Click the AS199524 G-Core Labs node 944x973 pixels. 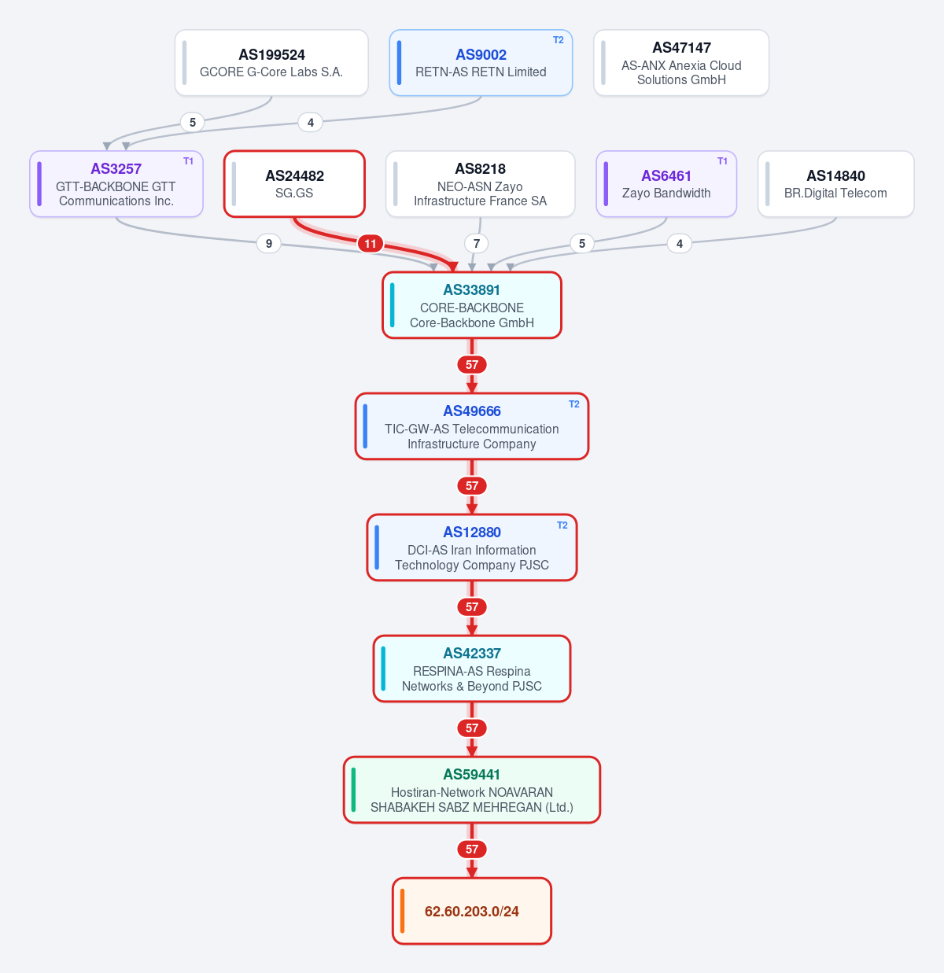click(271, 62)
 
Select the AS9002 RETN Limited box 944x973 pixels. click(481, 62)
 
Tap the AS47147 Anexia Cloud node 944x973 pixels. click(681, 62)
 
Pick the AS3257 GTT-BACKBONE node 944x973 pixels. click(116, 184)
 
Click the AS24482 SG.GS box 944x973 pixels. click(294, 184)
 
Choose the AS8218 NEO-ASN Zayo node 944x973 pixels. click(480, 184)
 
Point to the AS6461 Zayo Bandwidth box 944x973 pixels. click(666, 184)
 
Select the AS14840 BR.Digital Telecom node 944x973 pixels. click(836, 184)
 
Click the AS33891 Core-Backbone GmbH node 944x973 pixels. click(472, 305)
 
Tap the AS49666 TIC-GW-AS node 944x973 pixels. click(472, 426)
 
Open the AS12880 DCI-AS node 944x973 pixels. click(472, 547)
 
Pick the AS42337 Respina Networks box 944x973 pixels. click(472, 669)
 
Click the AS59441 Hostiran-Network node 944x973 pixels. click(472, 790)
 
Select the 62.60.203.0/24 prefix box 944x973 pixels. click(472, 911)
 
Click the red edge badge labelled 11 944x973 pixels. click(371, 244)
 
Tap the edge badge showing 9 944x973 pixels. click(269, 244)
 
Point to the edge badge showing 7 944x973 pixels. click(477, 244)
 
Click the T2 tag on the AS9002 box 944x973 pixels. click(559, 40)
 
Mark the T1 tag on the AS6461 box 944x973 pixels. click(722, 161)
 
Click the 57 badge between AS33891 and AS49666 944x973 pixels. click(472, 364)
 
